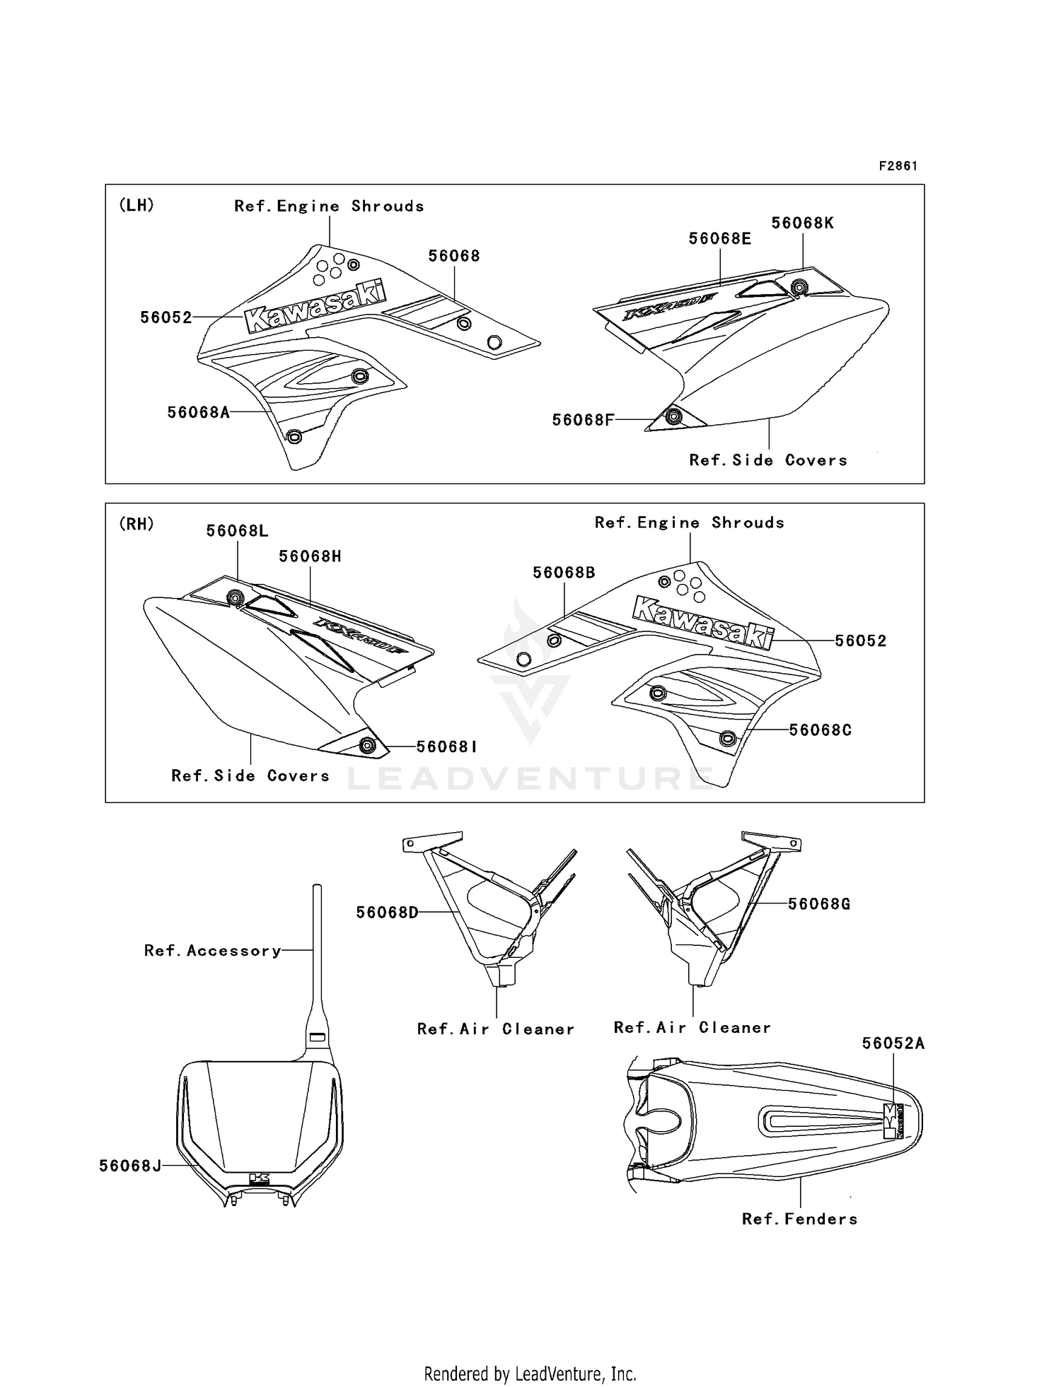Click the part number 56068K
point(802,223)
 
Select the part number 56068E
point(719,239)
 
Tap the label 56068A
point(199,412)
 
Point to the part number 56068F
point(583,420)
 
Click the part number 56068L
point(237,531)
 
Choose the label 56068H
point(310,556)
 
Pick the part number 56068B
point(564,573)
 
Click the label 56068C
point(820,730)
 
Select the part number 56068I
point(446,747)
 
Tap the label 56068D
point(387,913)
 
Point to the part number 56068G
point(819,903)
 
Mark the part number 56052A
point(893,1043)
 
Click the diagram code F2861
point(898,166)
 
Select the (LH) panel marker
point(137,205)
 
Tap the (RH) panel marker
point(137,524)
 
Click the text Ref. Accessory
point(212,951)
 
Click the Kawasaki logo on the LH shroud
point(316,308)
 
